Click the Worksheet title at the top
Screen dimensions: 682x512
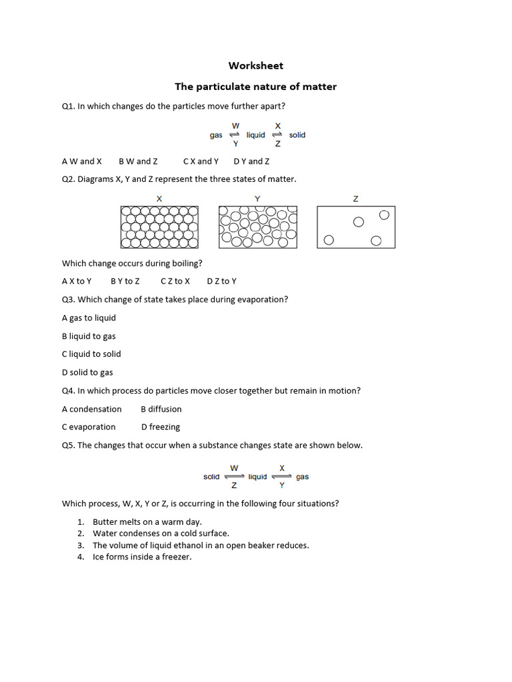coord(255,65)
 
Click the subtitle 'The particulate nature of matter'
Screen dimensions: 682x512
coord(255,87)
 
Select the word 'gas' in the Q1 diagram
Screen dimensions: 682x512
coord(216,135)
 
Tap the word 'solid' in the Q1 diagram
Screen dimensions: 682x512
coord(297,135)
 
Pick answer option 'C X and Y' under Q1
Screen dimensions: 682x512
coord(201,161)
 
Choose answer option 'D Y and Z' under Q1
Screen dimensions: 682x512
coord(251,161)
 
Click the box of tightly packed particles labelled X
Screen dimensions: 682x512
coord(159,227)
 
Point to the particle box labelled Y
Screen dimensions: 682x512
coord(257,227)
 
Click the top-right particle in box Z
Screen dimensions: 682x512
coord(384,214)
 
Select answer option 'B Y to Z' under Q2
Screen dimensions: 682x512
coord(125,281)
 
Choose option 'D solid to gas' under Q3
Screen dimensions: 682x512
coord(87,372)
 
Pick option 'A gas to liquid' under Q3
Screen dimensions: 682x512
coord(89,318)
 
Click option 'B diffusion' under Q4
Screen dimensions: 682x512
coord(161,409)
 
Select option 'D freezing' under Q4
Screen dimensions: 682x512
coord(161,427)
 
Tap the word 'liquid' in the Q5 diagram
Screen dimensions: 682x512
coord(257,477)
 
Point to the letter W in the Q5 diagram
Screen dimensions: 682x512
coord(234,468)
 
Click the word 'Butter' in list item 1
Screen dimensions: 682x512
coord(105,522)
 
